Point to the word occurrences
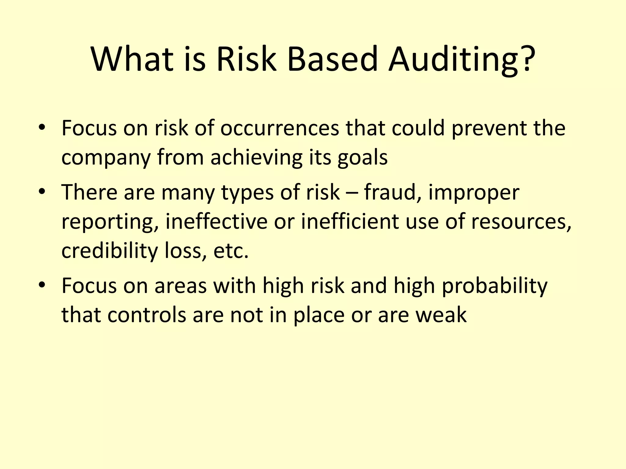[280, 128]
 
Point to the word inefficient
[350, 221]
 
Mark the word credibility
[109, 251]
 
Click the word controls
[147, 315]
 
